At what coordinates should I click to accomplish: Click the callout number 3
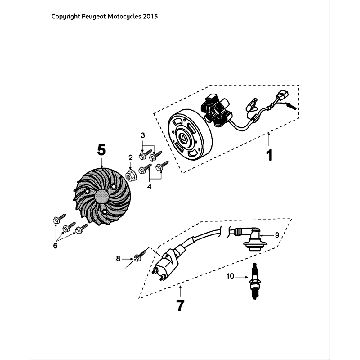[142, 133]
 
